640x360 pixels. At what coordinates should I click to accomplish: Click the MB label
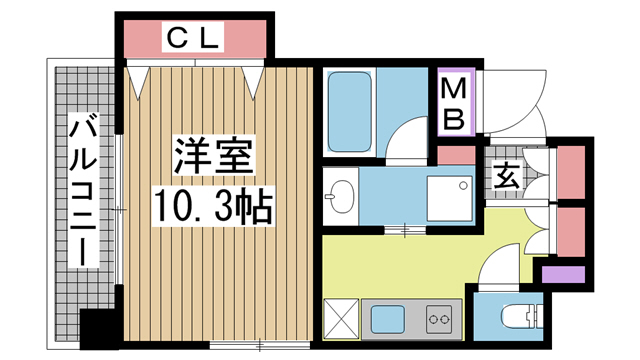[455, 104]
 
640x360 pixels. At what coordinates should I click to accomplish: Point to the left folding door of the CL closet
[141, 79]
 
